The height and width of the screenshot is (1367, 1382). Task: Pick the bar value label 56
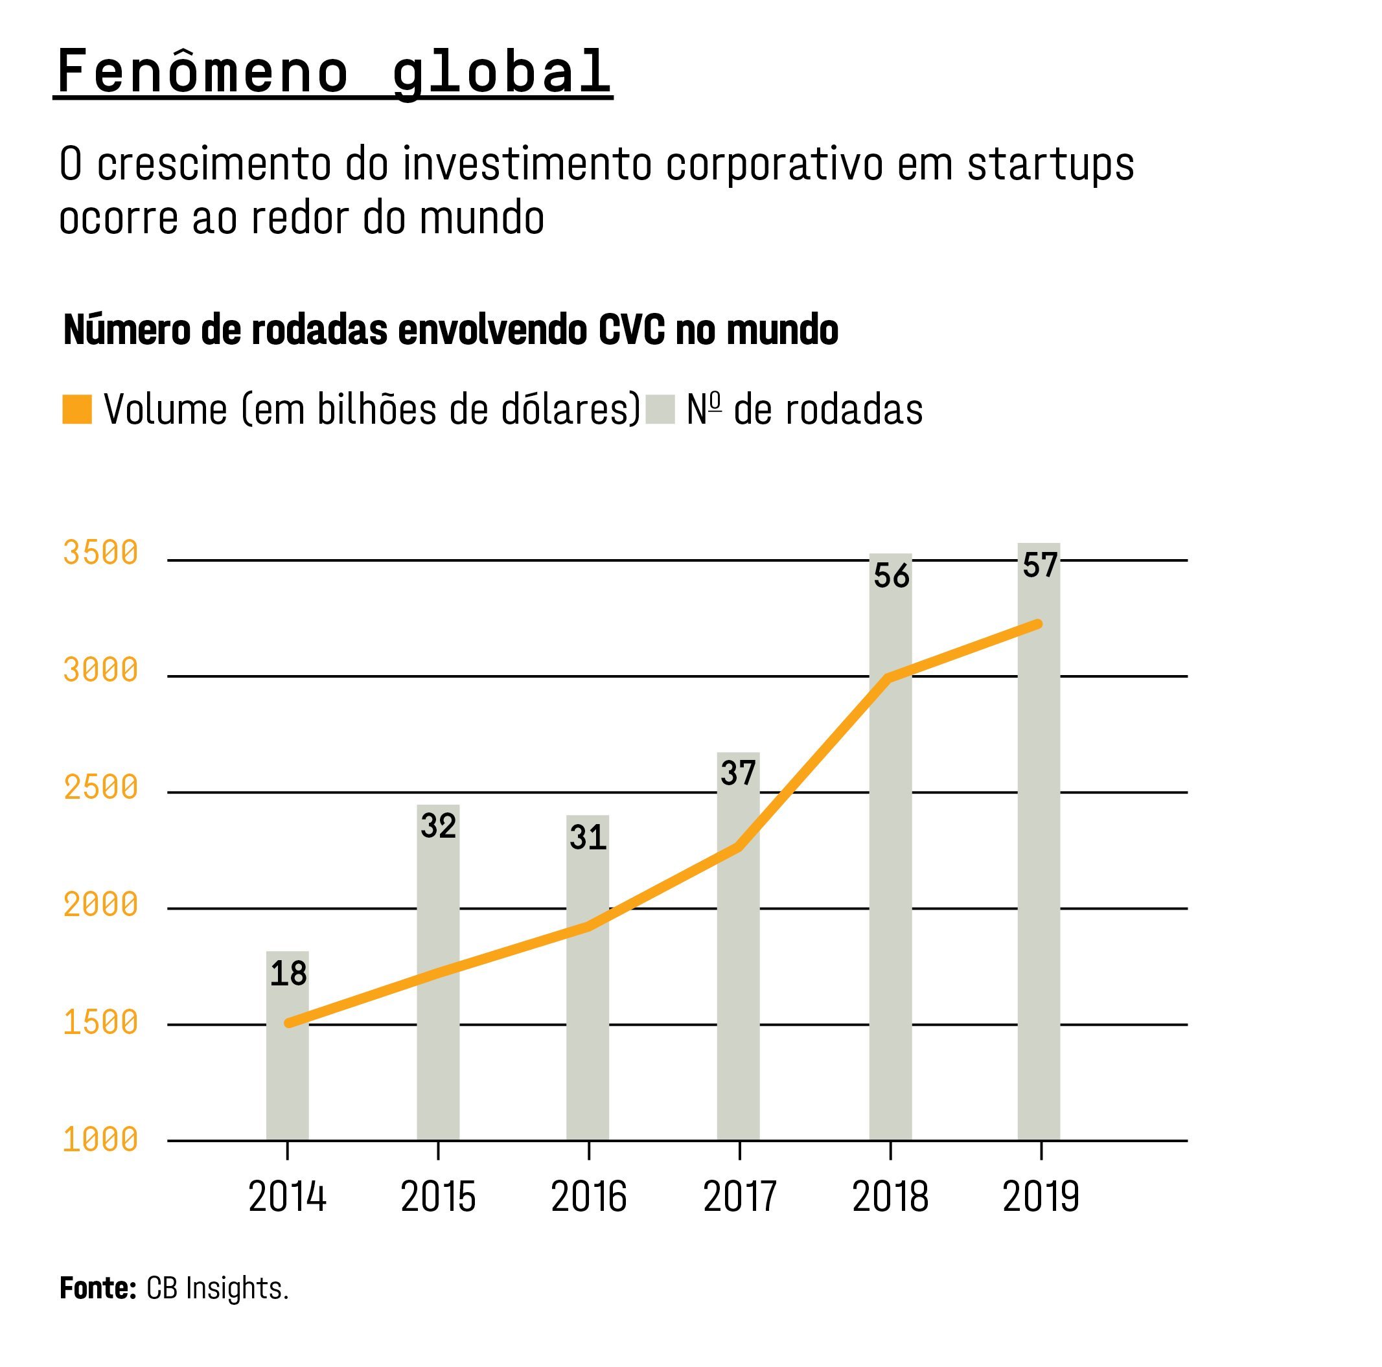coord(891,576)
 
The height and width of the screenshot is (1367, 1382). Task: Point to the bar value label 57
coord(1039,565)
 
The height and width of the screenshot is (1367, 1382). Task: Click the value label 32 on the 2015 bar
coord(438,826)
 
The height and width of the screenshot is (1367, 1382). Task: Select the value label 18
coord(288,974)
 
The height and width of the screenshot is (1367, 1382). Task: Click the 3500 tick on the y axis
coord(100,553)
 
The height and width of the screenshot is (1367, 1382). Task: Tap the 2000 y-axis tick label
coord(100,905)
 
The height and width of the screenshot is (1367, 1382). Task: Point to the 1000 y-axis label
coord(100,1140)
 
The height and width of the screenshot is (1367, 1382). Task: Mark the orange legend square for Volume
coord(77,409)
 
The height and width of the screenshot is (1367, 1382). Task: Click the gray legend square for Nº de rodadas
coord(660,409)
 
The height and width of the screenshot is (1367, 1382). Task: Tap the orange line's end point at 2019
coord(1039,624)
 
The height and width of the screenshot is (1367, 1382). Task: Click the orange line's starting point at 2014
coord(288,1023)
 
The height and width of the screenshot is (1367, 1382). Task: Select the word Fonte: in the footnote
coord(98,1289)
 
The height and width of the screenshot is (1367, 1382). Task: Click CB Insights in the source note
coord(217,1289)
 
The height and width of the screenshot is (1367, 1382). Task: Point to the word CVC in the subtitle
coord(631,330)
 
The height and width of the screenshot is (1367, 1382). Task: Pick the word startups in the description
coord(1050,164)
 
